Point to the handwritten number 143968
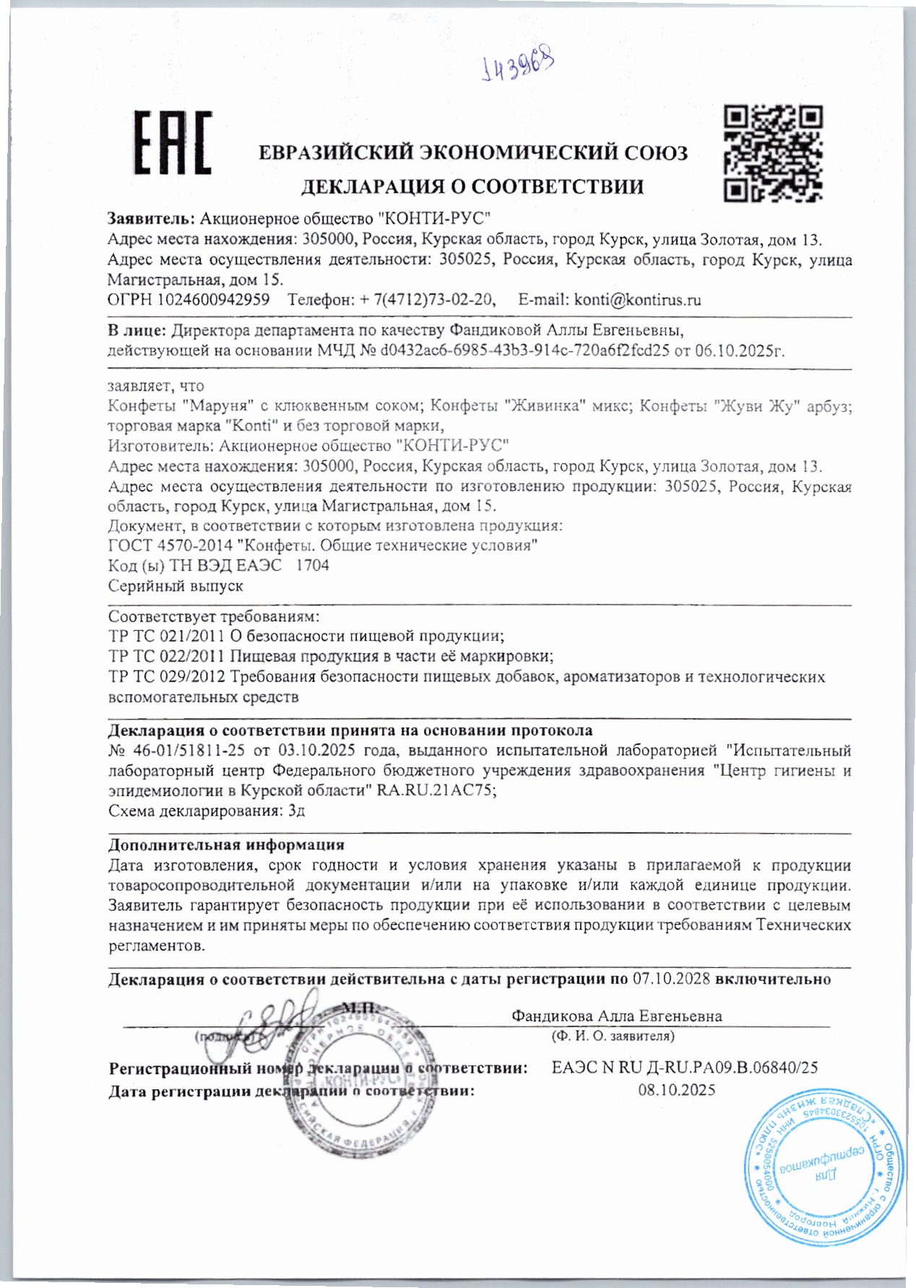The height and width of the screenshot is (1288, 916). [518, 66]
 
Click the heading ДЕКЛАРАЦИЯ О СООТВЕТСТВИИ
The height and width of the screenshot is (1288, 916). [472, 187]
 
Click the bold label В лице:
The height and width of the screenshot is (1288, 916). [137, 332]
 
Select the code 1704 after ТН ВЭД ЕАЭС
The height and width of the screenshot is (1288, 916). [313, 566]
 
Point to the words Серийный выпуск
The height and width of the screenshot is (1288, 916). [176, 586]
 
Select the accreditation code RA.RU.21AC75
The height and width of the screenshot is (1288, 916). [436, 791]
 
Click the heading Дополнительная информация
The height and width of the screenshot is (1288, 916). [226, 844]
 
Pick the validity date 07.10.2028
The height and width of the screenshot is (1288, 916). [672, 980]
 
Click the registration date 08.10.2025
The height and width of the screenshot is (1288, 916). [677, 1090]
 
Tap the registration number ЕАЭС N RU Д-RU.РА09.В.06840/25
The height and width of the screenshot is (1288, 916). [684, 1068]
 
